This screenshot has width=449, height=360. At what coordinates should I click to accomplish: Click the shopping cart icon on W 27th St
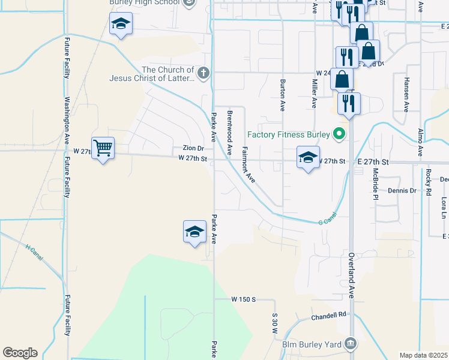(104, 148)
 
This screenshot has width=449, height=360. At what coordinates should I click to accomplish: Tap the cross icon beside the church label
(203, 74)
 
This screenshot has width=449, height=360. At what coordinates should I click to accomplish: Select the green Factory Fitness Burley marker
(340, 134)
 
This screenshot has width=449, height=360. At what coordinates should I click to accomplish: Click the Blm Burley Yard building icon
(351, 344)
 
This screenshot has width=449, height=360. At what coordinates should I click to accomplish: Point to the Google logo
(20, 353)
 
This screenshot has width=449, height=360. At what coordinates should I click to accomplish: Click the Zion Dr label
(193, 148)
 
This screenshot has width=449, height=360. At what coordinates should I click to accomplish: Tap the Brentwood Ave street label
(229, 133)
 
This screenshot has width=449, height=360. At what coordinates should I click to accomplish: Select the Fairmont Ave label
(249, 164)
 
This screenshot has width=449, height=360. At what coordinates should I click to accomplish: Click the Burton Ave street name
(282, 95)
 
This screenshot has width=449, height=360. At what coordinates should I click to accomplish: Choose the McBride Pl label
(375, 183)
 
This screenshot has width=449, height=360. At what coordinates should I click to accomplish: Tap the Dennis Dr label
(402, 190)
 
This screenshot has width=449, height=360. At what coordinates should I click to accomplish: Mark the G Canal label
(327, 219)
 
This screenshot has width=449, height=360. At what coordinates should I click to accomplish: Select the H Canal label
(36, 251)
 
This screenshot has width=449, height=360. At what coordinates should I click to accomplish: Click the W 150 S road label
(244, 299)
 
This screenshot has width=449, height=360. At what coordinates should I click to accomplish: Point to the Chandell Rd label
(329, 315)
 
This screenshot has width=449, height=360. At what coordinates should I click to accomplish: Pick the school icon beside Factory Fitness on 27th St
(308, 158)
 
